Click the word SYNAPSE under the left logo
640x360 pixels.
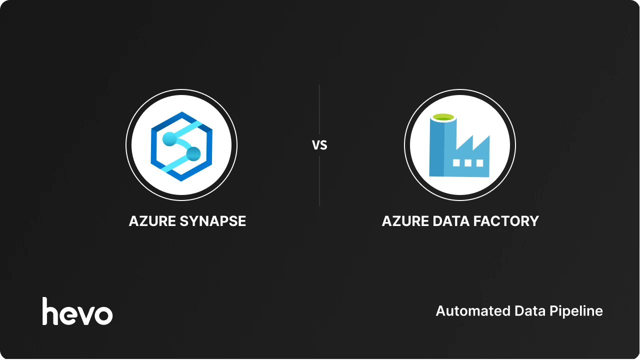point(217,221)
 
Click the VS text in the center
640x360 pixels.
point(319,145)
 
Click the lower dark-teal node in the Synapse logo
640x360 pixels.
point(193,153)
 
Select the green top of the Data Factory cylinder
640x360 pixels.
point(443,117)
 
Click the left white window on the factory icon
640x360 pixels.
point(456,162)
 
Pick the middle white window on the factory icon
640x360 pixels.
point(468,162)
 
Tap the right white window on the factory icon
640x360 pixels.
point(479,162)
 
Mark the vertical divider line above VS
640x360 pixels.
point(319,110)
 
